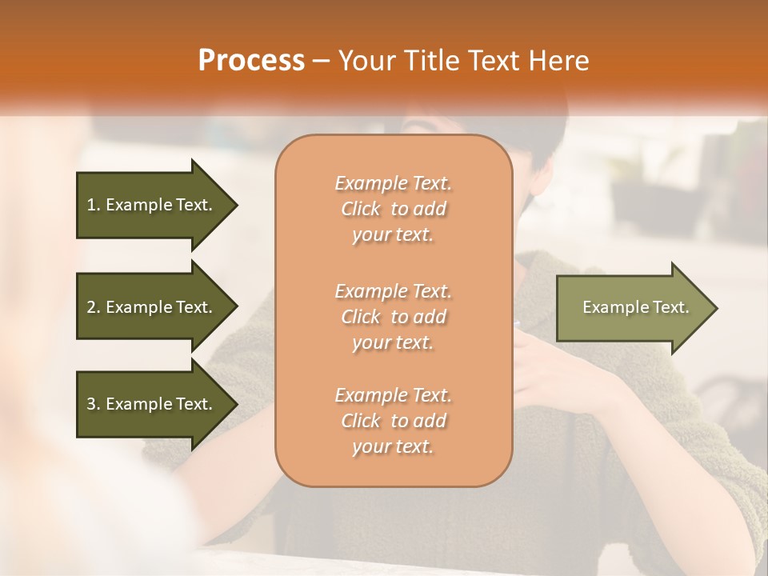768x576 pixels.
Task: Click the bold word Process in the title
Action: [x=251, y=61]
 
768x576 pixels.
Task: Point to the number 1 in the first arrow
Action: [x=91, y=205]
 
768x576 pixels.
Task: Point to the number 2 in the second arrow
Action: [x=91, y=307]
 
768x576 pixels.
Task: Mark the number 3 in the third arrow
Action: [x=91, y=404]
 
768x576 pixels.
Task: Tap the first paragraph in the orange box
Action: [x=393, y=209]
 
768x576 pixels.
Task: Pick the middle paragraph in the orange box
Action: [x=393, y=317]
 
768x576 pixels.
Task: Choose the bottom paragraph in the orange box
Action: [x=393, y=421]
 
